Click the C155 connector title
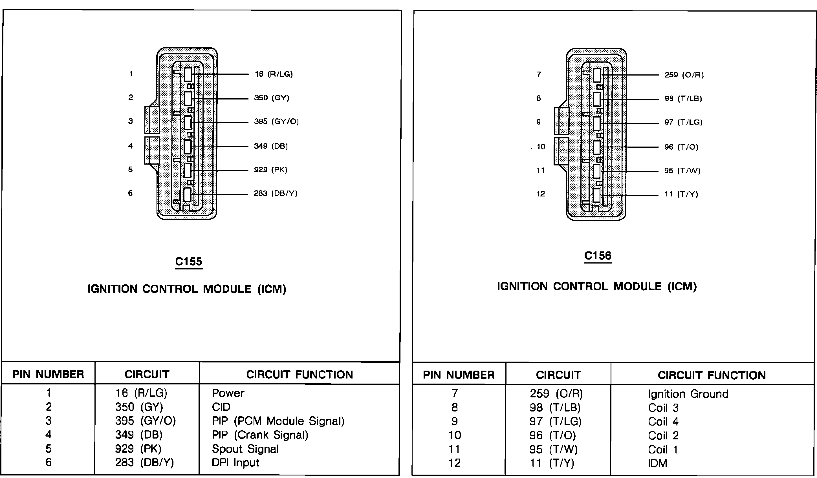[x=188, y=262]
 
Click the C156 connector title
[x=598, y=256]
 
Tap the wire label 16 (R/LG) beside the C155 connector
[x=274, y=74]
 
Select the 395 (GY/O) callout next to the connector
[x=276, y=121]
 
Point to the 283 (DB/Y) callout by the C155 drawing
[x=275, y=193]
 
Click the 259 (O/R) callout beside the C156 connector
[x=684, y=75]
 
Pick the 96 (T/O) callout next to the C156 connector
[x=681, y=147]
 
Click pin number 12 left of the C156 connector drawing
[x=540, y=194]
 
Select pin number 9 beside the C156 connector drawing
[x=538, y=122]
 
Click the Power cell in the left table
[x=228, y=393]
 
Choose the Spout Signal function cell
[x=245, y=449]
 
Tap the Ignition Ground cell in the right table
[x=688, y=394]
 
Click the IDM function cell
[x=657, y=463]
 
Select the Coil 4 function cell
[x=663, y=422]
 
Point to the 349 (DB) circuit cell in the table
[x=138, y=435]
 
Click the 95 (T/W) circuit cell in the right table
[x=553, y=450]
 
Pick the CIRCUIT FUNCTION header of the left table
[x=299, y=375]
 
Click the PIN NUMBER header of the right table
[x=459, y=375]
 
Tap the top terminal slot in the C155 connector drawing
[x=188, y=74]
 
